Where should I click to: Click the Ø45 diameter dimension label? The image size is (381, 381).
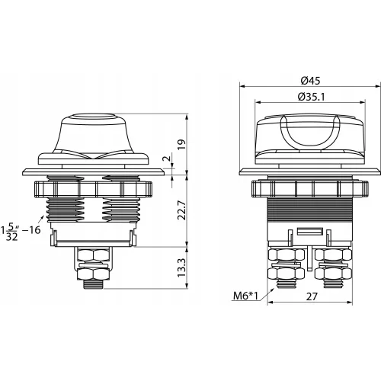310,81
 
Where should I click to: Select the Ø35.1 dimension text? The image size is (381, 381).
311,97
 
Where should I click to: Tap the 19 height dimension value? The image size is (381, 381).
182,145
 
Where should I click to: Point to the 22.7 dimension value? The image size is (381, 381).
182,210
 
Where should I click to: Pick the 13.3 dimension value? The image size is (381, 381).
182,268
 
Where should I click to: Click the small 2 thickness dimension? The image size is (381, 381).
167,158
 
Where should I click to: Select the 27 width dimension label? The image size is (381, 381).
312,296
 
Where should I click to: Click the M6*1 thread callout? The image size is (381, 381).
245,296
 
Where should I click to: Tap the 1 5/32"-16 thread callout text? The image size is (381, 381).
21,231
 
